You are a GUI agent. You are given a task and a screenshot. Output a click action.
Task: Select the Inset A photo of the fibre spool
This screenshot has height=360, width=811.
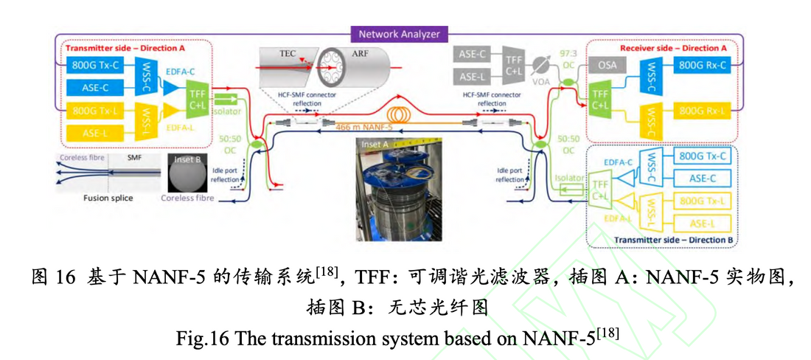click(x=398, y=195)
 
